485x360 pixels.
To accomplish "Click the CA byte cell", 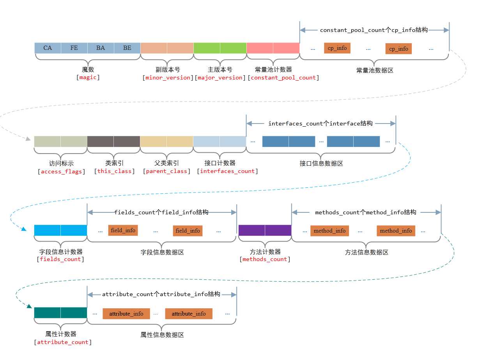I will [x=48, y=48].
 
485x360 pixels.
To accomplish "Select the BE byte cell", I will [x=127, y=48].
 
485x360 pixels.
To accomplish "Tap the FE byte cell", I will [x=74, y=48].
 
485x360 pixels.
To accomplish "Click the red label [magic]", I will [x=88, y=78].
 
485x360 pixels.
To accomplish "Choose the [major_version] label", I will [x=220, y=78].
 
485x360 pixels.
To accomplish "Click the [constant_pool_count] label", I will [x=283, y=78].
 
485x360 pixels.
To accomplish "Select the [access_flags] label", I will [x=62, y=171].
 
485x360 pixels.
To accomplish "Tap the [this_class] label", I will [x=115, y=171].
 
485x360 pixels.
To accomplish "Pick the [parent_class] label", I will [x=167, y=171].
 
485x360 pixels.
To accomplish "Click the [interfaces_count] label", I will [x=227, y=171].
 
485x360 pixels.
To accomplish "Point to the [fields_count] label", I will [x=61, y=259].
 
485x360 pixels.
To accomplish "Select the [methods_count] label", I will [x=265, y=259].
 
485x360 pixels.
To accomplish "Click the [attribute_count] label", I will [x=63, y=342].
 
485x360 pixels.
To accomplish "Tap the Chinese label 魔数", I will [x=88, y=70].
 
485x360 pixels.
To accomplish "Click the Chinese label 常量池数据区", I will [x=375, y=71].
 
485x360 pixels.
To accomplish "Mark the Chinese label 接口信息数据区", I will [x=321, y=164].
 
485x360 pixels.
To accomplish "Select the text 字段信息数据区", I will [x=162, y=252].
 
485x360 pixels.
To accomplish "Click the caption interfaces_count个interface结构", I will [x=320, y=124].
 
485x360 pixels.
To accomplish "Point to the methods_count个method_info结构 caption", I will [x=366, y=212].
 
